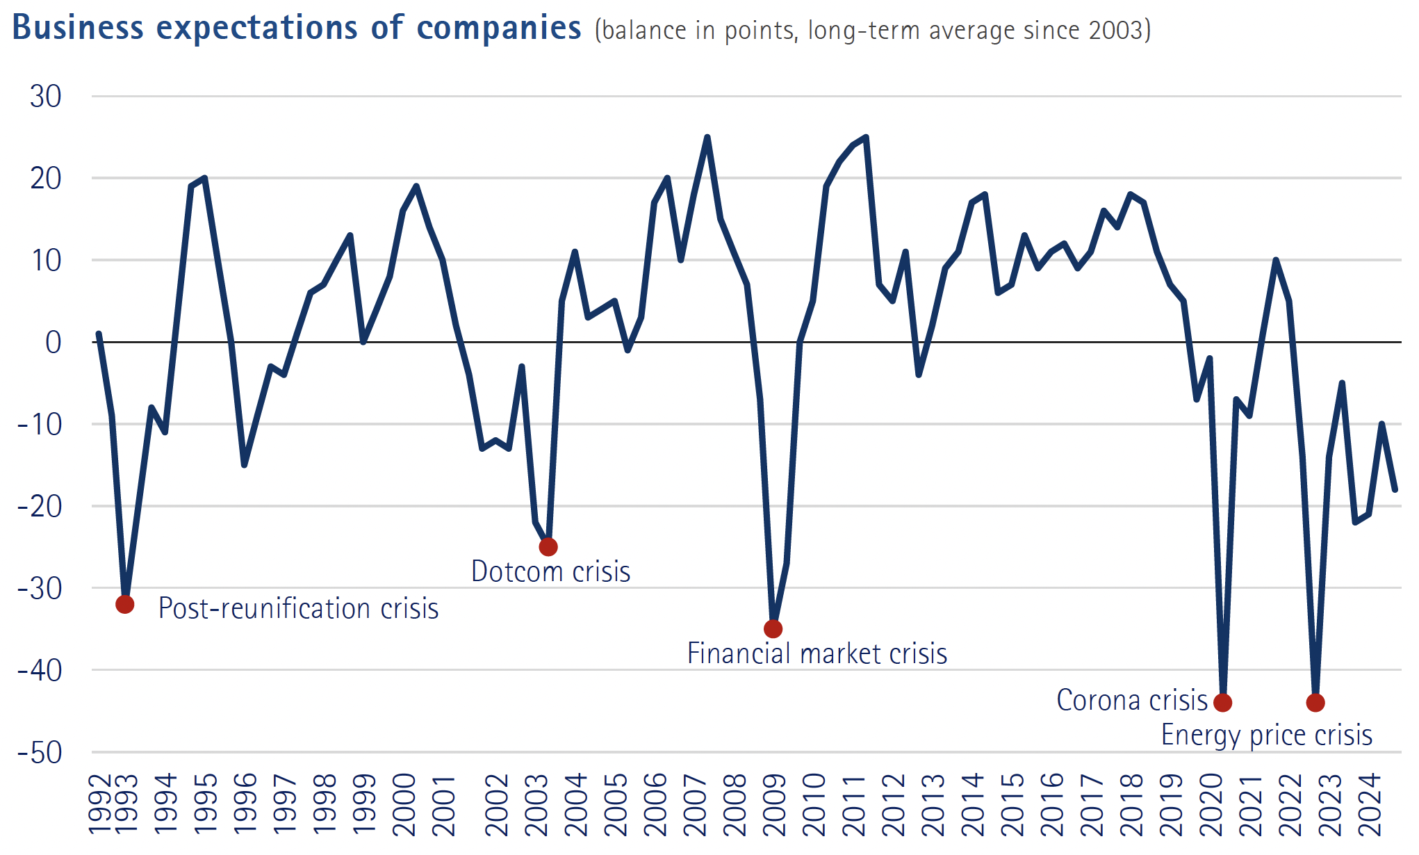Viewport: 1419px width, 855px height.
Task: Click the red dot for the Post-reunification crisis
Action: [x=125, y=605]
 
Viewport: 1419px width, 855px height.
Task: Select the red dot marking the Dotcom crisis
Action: [x=548, y=547]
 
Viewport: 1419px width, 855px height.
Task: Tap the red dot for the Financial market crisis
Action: [x=773, y=629]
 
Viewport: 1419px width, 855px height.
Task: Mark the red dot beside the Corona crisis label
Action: [x=1223, y=703]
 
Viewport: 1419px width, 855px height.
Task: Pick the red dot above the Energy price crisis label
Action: [x=1315, y=703]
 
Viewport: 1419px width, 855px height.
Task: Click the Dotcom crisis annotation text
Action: [x=550, y=572]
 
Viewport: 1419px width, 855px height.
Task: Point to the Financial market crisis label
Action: [x=817, y=654]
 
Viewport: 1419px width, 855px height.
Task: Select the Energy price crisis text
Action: [x=1267, y=735]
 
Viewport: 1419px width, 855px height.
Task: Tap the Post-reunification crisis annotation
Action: [x=298, y=609]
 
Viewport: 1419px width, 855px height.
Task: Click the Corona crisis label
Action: [x=1132, y=701]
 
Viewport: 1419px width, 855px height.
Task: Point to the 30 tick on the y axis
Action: [x=46, y=97]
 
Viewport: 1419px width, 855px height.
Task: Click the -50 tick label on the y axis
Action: [x=40, y=753]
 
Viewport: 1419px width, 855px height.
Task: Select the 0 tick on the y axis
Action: [x=54, y=343]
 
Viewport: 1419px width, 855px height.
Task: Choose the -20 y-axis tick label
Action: [x=40, y=507]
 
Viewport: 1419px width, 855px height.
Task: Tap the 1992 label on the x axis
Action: [x=100, y=805]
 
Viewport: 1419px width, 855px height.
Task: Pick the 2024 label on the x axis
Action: [x=1370, y=805]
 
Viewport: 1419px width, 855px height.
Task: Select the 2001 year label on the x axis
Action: [x=444, y=805]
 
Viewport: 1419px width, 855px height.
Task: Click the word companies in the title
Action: [x=499, y=28]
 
